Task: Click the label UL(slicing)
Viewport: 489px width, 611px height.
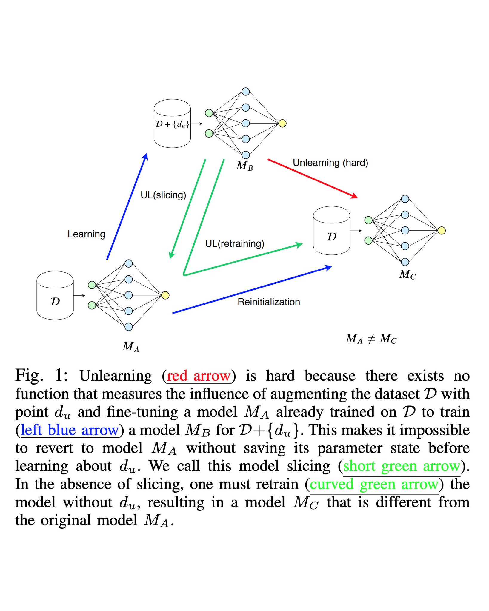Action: [163, 195]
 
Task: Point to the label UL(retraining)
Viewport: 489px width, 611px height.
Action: [235, 244]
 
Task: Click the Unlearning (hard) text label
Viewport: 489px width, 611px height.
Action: [330, 163]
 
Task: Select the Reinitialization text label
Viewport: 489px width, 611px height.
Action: [269, 302]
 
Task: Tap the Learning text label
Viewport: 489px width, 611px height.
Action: [86, 234]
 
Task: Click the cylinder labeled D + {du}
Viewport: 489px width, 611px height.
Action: [172, 124]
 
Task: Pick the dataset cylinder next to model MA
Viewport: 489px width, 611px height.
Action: [55, 296]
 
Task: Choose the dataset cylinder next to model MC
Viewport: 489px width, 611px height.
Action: [331, 231]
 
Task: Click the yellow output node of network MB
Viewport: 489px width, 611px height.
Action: [282, 123]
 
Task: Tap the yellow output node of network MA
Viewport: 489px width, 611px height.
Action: [165, 295]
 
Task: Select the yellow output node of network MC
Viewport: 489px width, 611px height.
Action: [441, 230]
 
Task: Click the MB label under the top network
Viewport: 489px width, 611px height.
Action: [244, 166]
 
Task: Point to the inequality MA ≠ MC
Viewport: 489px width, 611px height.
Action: [371, 339]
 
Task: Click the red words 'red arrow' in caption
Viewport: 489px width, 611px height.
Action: [199, 376]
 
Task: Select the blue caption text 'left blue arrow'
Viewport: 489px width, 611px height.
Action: [70, 430]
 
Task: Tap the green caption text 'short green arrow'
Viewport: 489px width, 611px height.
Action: [402, 466]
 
